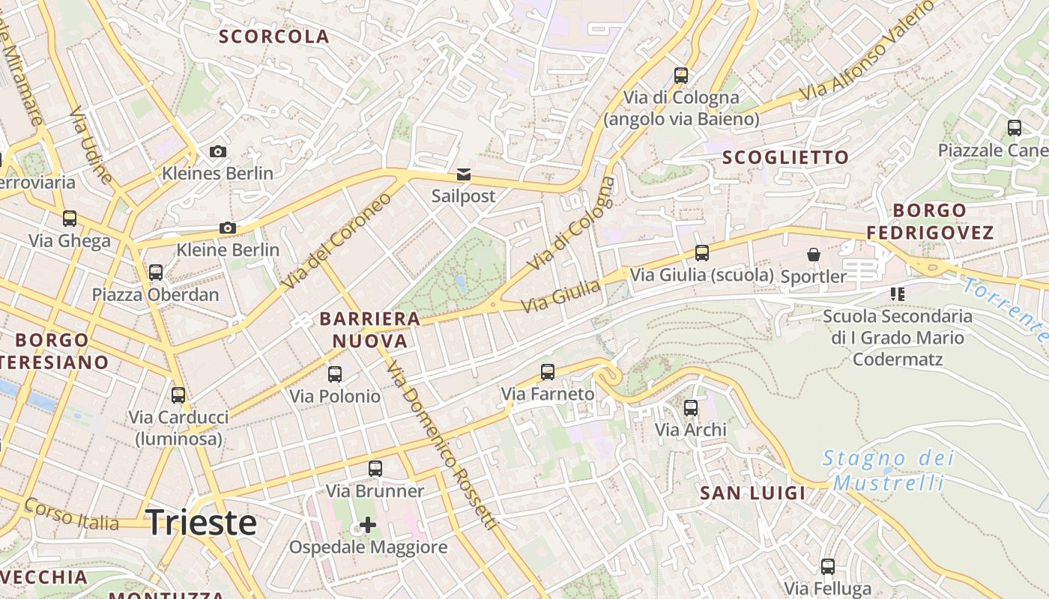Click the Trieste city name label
201,523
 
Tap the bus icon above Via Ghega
70,219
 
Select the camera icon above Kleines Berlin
218,152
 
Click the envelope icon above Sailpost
464,174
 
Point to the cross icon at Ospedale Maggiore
368,525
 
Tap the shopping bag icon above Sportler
813,255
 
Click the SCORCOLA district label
273,37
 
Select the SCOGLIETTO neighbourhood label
785,157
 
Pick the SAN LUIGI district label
753,493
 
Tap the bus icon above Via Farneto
548,371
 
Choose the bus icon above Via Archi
691,408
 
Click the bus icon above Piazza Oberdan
156,273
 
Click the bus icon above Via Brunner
375,469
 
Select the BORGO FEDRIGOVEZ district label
930,222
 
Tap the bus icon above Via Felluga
828,567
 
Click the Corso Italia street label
72,514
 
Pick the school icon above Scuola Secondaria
897,294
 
